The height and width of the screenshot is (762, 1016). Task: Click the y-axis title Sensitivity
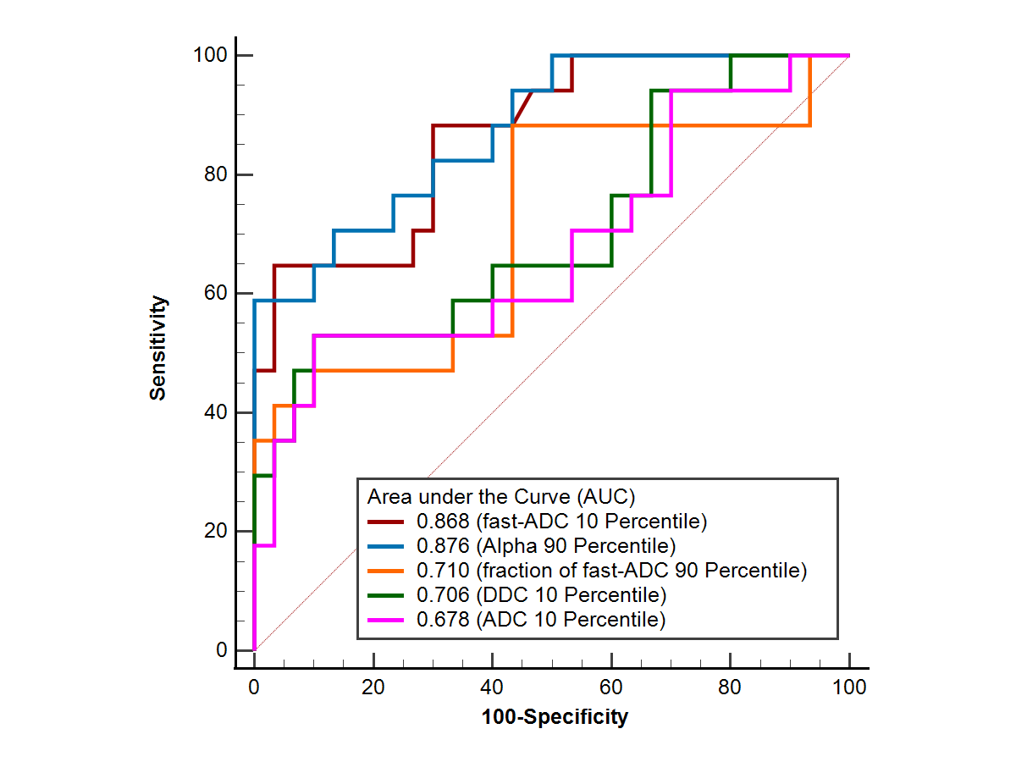point(158,347)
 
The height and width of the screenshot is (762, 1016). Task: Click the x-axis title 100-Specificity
point(555,718)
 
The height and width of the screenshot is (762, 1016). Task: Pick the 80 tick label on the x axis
point(730,687)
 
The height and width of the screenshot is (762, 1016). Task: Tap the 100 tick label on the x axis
point(849,687)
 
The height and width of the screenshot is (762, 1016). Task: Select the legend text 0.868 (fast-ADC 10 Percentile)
point(561,520)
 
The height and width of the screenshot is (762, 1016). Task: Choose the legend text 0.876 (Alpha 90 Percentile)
point(546,544)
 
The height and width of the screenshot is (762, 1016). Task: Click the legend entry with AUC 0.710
point(611,570)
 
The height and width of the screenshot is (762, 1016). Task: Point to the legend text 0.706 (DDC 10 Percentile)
point(542,594)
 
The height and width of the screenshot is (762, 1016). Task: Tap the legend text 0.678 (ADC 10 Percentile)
point(542,619)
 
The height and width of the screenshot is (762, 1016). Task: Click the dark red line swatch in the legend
point(388,520)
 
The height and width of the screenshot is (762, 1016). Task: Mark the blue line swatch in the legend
point(388,544)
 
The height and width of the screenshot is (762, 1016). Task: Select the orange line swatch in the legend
point(388,570)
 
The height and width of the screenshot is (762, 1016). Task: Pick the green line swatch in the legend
point(388,594)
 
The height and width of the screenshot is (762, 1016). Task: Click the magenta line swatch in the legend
point(388,619)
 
